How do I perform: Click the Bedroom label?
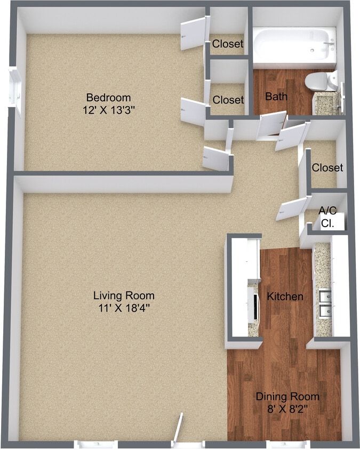(x=108, y=98)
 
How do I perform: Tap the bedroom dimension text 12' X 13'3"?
(x=109, y=110)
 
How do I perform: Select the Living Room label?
(x=124, y=295)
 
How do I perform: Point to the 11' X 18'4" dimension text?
(x=124, y=308)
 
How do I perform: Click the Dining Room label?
(x=287, y=397)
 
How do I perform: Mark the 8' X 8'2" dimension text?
(x=287, y=408)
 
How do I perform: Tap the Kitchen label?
(x=285, y=296)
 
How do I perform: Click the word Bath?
(x=276, y=97)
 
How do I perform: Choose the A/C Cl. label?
(x=327, y=216)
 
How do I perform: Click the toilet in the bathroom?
(x=321, y=81)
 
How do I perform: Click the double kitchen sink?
(x=325, y=306)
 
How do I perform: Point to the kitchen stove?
(x=253, y=304)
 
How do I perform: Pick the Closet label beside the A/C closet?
(x=327, y=167)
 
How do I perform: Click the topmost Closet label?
(x=228, y=44)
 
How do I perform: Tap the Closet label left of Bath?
(x=228, y=100)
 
